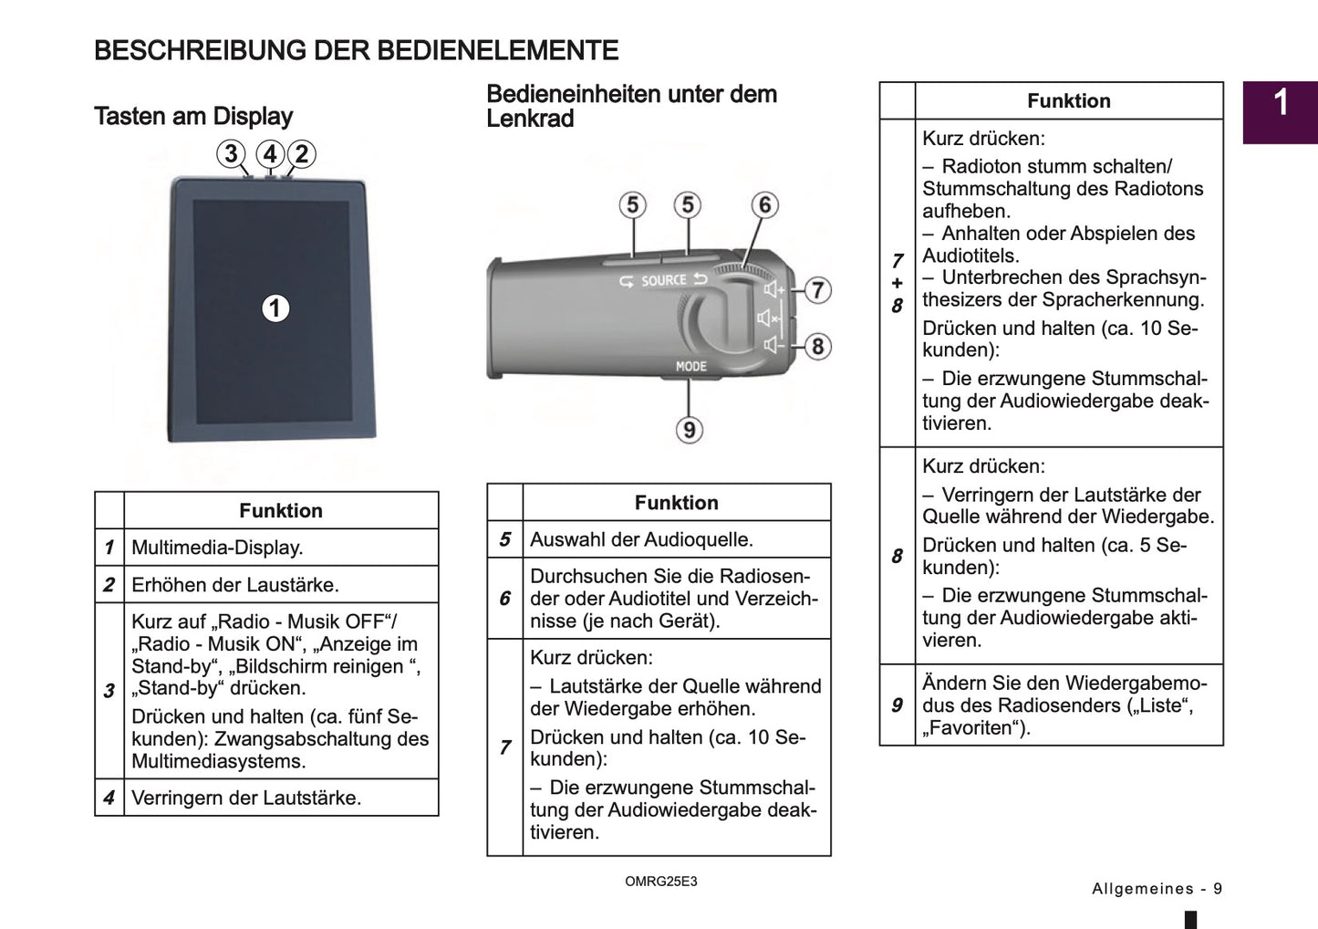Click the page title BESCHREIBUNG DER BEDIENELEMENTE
pos(356,50)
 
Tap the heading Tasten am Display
pos(193,117)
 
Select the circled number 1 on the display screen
pos(275,308)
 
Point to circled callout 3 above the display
pos(232,153)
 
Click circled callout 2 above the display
pos(302,153)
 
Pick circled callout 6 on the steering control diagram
pos(764,205)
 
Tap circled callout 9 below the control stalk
pos(689,429)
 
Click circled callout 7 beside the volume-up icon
pos(817,290)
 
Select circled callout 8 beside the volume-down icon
pos(817,347)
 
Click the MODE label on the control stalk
pos(690,366)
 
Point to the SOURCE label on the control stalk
pos(663,281)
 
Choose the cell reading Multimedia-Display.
pos(217,548)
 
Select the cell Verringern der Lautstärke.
pos(246,798)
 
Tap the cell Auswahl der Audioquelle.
pos(641,539)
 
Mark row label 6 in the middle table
pos(504,599)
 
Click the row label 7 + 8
pos(897,283)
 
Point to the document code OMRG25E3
pos(660,882)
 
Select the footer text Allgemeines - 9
pos(1157,889)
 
